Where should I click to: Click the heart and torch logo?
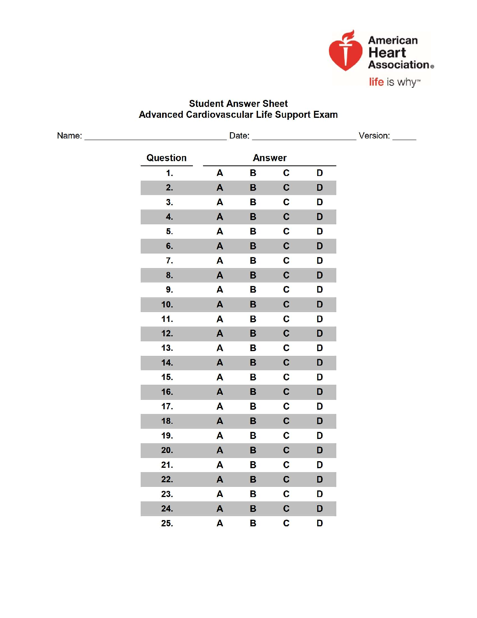345,52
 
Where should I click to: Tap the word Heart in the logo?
387,53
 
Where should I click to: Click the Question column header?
166,158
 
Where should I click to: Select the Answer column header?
270,158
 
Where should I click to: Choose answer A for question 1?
220,173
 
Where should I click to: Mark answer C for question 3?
286,202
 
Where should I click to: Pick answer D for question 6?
320,246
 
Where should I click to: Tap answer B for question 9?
253,290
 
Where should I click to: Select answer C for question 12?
286,334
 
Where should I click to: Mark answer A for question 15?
220,377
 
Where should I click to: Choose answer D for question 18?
320,421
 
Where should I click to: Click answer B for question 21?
253,465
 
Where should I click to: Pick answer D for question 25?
320,523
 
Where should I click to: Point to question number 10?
167,304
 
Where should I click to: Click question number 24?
167,509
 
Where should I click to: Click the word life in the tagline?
376,82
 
